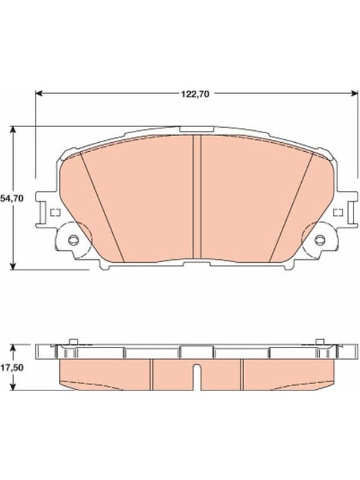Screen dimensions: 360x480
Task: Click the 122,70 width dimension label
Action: coord(195,94)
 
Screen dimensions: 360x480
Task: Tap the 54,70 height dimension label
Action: coord(12,199)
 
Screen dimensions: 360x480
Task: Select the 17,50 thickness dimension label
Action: coord(12,368)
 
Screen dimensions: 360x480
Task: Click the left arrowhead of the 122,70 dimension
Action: coord(38,94)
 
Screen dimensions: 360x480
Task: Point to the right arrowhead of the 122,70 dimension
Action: coord(355,94)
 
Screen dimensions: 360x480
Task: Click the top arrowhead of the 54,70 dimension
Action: coord(13,130)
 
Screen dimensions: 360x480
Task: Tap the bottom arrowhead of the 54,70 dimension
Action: coord(13,266)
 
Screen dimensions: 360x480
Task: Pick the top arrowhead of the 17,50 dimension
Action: coord(13,348)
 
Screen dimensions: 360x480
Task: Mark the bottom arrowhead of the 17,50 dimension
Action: coord(13,386)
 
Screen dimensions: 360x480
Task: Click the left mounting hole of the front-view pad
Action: coord(73,239)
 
